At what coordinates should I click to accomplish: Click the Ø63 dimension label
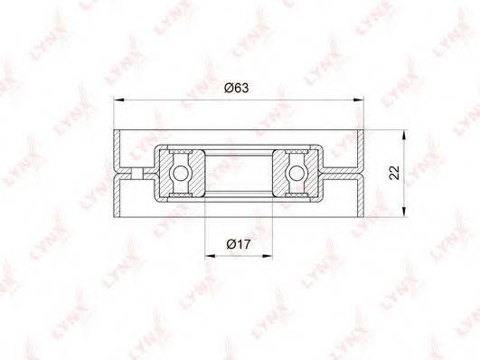pos(237,89)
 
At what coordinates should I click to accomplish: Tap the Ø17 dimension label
pos(239,244)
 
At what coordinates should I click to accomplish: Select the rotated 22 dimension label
pos(395,173)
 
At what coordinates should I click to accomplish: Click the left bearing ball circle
pos(180,173)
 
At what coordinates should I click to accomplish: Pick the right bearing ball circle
pos(296,173)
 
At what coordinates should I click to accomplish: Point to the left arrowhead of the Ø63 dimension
pos(118,99)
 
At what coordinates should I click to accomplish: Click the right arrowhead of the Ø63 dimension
pos(359,99)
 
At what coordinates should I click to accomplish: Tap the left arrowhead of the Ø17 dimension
pos(210,256)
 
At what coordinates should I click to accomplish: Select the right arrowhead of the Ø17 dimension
pos(267,256)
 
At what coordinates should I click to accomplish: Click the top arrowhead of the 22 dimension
pos(404,135)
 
